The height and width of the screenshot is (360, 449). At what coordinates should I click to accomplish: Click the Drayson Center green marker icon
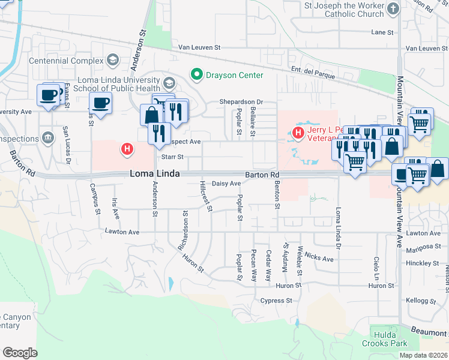coord(196,75)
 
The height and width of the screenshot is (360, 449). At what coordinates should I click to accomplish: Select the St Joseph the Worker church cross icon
coord(393,9)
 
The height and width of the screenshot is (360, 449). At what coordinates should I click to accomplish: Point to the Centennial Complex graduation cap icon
coord(112,60)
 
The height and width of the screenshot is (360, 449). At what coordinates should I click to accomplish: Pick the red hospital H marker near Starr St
coord(127,148)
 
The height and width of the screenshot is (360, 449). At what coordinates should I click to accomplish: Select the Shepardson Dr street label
coord(241,102)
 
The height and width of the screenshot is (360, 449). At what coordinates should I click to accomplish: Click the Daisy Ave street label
coord(226,184)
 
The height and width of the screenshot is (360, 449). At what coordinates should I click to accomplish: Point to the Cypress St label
coord(276,301)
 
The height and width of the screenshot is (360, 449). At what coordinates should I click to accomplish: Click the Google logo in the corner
coord(20,353)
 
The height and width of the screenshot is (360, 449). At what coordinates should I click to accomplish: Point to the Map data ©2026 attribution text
coord(423,355)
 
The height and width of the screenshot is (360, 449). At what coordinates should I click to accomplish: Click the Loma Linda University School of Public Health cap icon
coord(169,83)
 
